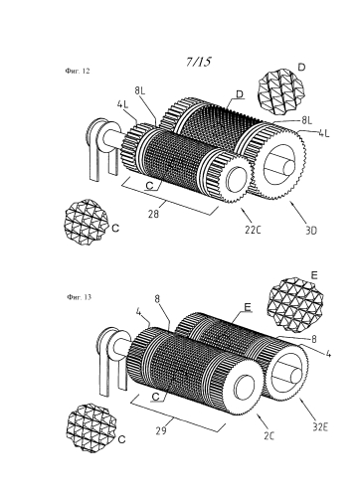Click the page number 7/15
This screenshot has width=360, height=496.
pyautogui.click(x=198, y=62)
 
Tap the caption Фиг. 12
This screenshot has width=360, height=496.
pyautogui.click(x=78, y=71)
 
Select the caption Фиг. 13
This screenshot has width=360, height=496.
pyautogui.click(x=79, y=297)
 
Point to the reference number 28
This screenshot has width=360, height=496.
pyautogui.click(x=153, y=215)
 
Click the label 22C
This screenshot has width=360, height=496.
pyautogui.click(x=253, y=230)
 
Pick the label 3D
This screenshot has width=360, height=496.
pyautogui.click(x=311, y=231)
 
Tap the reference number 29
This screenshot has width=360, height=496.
pyautogui.click(x=162, y=430)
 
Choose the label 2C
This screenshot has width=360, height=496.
pyautogui.click(x=270, y=436)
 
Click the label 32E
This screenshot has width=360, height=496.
pyautogui.click(x=320, y=427)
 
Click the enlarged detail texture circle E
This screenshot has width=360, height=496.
pyautogui.click(x=295, y=305)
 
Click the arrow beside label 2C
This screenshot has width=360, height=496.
pyautogui.click(x=263, y=420)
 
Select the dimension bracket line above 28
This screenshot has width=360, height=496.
pyautogui.click(x=170, y=196)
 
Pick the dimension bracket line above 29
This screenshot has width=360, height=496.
pyautogui.click(x=178, y=413)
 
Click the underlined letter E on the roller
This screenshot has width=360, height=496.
pyautogui.click(x=248, y=307)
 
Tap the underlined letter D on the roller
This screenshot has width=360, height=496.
pyautogui.click(x=240, y=94)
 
